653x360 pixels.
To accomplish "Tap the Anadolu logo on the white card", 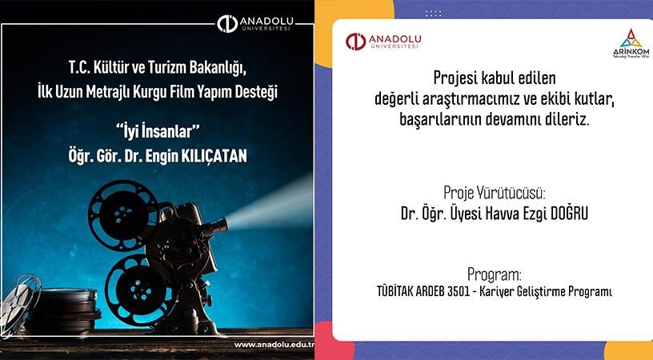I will point(383,42).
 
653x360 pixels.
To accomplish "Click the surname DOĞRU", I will point(558,214).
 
